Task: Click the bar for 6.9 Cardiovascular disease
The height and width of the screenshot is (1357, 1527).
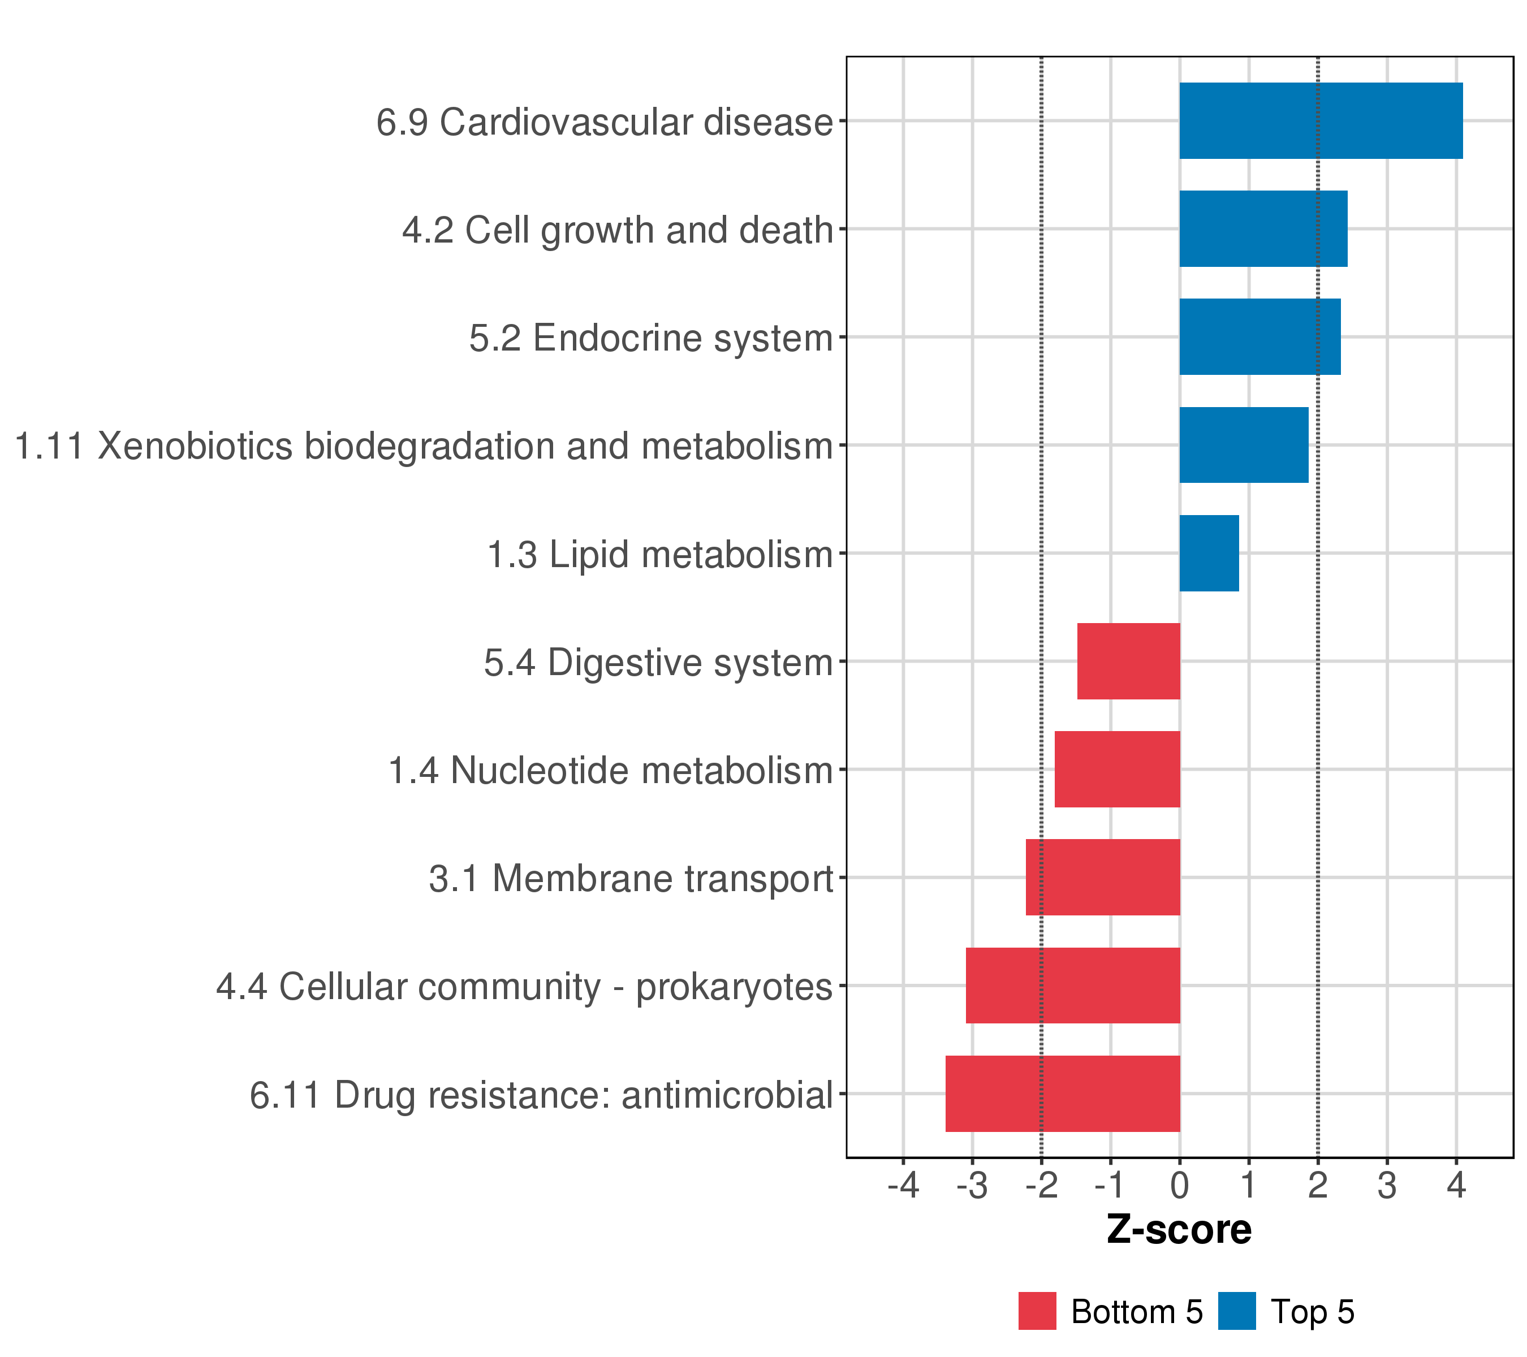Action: pos(1320,120)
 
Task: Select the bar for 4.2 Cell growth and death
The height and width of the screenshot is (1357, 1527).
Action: pos(1262,228)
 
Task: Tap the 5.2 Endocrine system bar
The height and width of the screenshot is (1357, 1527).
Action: pos(1259,337)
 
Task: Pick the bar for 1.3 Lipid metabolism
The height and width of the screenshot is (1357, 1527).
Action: pos(1209,554)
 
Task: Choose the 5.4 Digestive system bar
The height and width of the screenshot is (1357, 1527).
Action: pos(1128,661)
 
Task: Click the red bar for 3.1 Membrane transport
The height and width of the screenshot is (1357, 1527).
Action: pos(1103,878)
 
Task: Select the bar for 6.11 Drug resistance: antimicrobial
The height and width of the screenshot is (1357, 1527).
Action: pos(1062,1094)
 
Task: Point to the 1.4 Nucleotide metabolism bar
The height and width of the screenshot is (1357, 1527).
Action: pos(1117,769)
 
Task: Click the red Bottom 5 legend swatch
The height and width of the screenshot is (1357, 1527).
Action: pos(1037,1311)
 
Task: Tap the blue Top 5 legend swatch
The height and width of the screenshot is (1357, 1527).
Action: pos(1236,1311)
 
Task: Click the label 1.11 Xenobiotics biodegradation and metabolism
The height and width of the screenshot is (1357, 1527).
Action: pos(424,447)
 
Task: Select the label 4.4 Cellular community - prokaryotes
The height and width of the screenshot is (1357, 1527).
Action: pos(524,987)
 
